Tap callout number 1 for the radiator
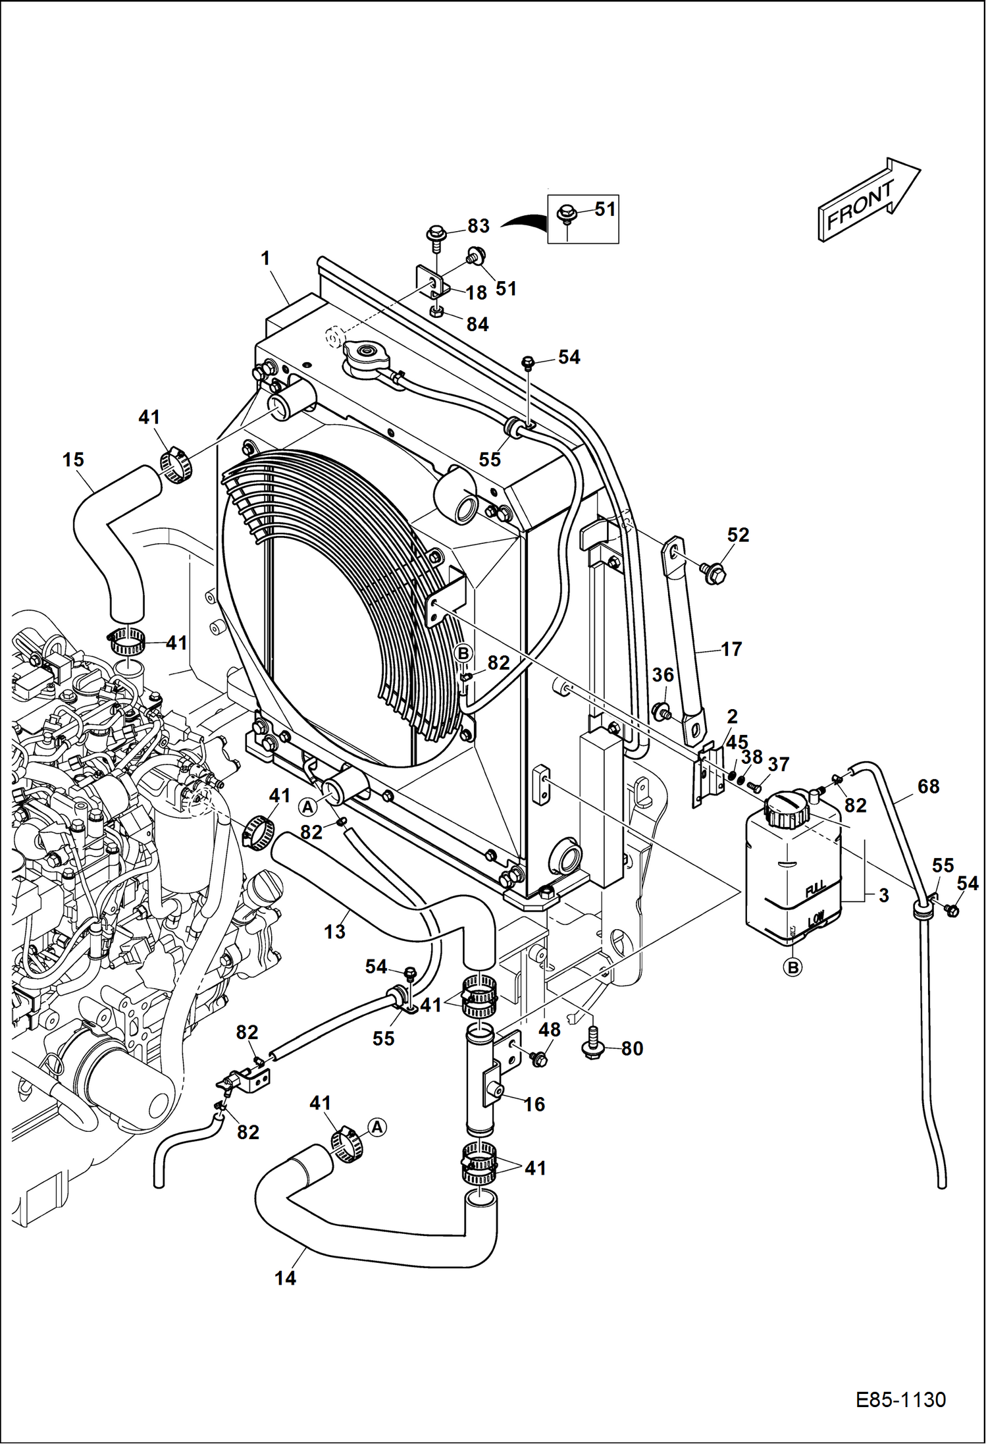[x=265, y=258]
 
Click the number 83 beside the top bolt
[x=479, y=226]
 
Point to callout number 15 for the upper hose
[x=73, y=460]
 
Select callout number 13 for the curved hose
[x=334, y=931]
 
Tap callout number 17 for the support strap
[x=731, y=649]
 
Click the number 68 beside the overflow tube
[x=928, y=786]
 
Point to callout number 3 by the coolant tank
[x=883, y=896]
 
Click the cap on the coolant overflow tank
[x=787, y=809]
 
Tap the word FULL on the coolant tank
[x=816, y=890]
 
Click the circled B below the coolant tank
[x=793, y=968]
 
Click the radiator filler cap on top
[x=366, y=360]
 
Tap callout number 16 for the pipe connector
[x=534, y=1104]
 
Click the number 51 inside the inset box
[x=604, y=209]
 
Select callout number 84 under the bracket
[x=478, y=324]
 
